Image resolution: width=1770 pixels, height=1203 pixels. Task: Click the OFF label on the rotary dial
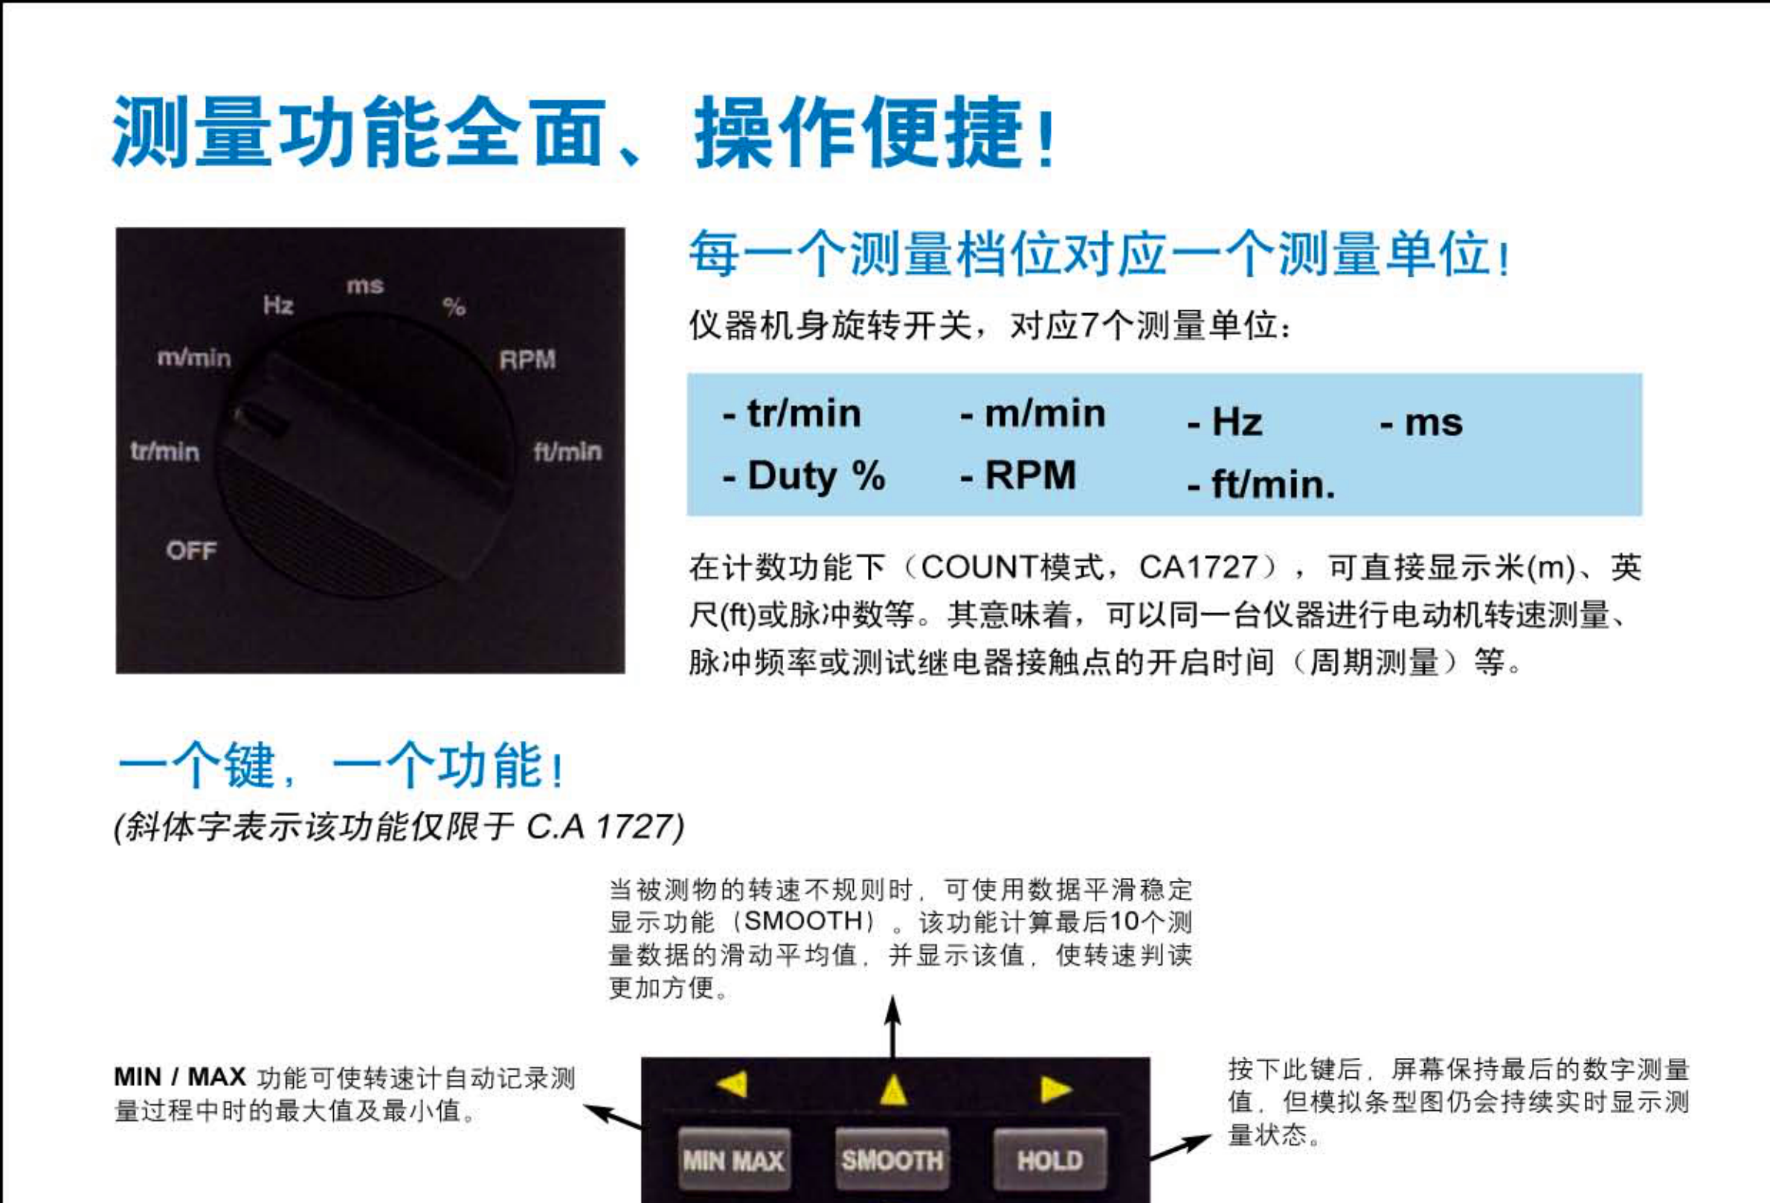tap(191, 550)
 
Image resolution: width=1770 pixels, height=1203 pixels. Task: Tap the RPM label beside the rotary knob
tap(528, 359)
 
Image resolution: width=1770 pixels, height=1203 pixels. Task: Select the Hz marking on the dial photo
tap(278, 306)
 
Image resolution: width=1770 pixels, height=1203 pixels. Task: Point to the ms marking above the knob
tap(365, 286)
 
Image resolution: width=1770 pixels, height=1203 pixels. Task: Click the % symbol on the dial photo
tap(454, 307)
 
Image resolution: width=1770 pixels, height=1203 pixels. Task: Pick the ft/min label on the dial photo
tap(567, 452)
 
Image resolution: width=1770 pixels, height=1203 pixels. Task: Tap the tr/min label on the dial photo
tap(164, 452)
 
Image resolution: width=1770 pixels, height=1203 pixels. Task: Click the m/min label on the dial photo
tap(194, 358)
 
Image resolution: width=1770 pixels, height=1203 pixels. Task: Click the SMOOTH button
tap(892, 1160)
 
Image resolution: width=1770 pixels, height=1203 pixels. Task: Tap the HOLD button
tap(1049, 1160)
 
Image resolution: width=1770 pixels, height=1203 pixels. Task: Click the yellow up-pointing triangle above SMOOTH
tap(893, 1089)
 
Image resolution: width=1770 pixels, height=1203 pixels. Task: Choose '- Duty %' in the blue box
tap(803, 476)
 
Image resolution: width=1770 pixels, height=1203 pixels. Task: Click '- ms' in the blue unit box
tap(1421, 422)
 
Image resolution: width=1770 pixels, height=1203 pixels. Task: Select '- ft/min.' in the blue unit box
tap(1261, 484)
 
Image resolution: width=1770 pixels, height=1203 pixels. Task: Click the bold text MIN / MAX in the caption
tap(180, 1077)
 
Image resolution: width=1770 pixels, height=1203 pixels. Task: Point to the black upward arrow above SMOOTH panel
tap(893, 1025)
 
